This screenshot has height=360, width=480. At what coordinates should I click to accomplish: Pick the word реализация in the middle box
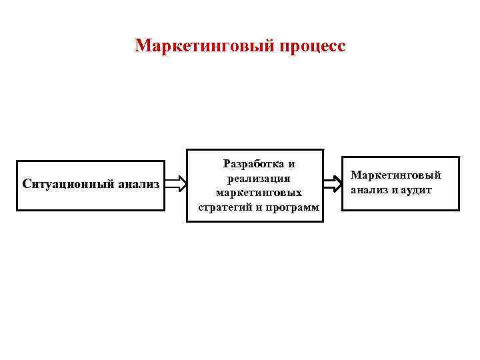[x=258, y=178]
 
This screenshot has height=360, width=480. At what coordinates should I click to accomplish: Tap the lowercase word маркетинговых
[x=258, y=192]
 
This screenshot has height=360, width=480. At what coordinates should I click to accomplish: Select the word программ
[x=294, y=207]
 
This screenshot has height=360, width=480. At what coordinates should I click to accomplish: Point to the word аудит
[x=417, y=189]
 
